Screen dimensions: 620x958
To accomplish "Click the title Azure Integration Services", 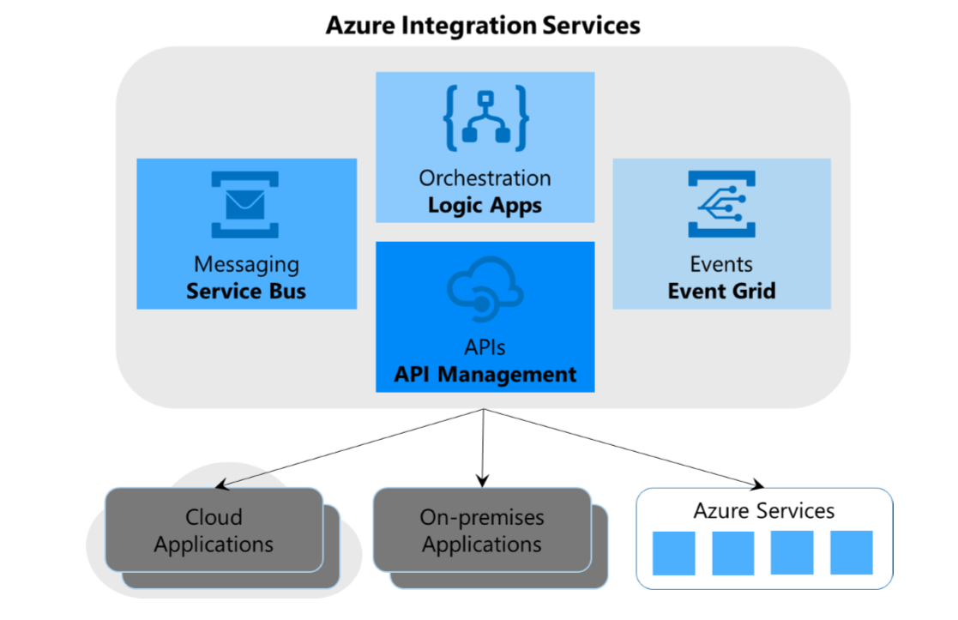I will tap(483, 25).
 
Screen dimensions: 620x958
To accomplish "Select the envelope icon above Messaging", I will tap(245, 204).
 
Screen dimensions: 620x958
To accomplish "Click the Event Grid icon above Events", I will tap(721, 204).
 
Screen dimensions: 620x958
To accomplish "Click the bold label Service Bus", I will tap(246, 292).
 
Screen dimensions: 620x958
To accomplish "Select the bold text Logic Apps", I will tap(485, 205).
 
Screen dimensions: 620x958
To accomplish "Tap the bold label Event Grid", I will tap(721, 292).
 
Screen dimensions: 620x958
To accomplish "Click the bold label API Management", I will tap(485, 375).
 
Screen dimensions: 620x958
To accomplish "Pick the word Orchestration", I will tap(485, 178).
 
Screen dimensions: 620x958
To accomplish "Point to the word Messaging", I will tap(246, 264).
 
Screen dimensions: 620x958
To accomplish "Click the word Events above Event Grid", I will tap(721, 264).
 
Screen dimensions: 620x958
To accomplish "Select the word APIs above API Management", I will tap(485, 347).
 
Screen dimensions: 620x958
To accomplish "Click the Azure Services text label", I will tap(763, 512).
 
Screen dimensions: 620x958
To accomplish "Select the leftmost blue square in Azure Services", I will tap(674, 553).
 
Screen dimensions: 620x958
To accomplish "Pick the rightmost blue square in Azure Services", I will tap(851, 553).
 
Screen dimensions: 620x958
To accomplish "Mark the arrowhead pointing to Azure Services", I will tap(758, 485).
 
